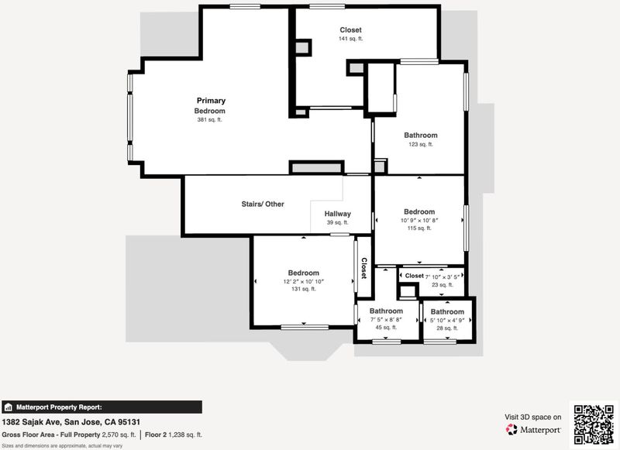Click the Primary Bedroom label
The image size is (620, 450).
point(211,105)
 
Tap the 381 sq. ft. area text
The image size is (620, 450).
point(209,120)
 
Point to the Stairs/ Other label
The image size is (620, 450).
point(263,204)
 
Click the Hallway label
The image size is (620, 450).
point(338,214)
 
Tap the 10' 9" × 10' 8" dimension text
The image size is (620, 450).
point(419,221)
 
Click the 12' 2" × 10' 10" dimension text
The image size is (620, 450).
point(304,282)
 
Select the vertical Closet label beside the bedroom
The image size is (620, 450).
point(363,268)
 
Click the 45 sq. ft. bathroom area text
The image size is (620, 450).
point(386,327)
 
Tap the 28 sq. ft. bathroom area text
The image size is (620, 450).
point(447,328)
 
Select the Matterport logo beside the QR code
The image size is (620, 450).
point(533,429)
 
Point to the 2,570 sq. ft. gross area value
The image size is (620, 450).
point(119,435)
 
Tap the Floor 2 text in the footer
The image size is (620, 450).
point(156,435)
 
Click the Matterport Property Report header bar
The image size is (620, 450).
point(102,407)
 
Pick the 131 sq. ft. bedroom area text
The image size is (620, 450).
point(304,289)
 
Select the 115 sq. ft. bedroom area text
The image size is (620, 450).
point(419,228)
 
